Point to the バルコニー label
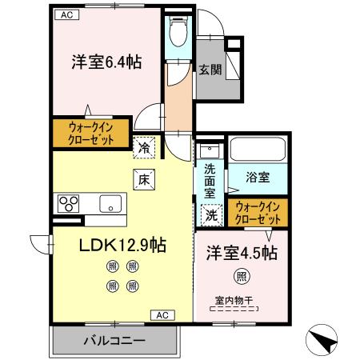[x=114, y=340]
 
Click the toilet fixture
[x=178, y=32]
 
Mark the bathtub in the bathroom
[x=257, y=151]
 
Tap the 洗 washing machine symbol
[x=210, y=214]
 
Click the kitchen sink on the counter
[x=108, y=203]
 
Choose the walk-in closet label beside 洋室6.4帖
[x=90, y=133]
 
